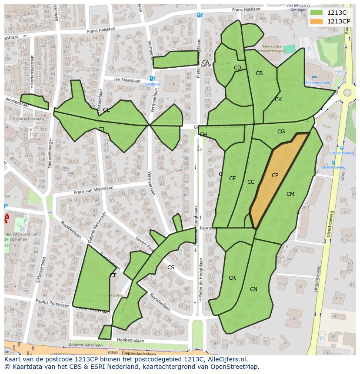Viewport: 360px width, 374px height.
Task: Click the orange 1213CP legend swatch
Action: [x=317, y=21]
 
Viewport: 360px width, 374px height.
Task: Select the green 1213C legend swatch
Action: [x=317, y=13]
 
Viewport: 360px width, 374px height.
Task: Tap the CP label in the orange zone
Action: [x=275, y=175]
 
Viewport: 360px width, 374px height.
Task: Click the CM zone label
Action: [x=290, y=194]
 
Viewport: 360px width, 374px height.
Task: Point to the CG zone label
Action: [x=281, y=132]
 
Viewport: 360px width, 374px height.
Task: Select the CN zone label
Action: [x=253, y=289]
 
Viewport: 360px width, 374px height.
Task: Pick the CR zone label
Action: [x=232, y=278]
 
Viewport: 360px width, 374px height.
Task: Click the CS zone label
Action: [x=171, y=268]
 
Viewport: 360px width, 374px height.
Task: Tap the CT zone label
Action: [x=113, y=275]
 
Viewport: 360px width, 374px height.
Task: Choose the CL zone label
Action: [x=106, y=110]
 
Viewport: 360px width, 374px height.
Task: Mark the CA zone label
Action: [x=206, y=63]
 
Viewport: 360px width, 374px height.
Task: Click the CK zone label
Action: [x=278, y=99]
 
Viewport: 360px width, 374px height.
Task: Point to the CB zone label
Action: [x=259, y=73]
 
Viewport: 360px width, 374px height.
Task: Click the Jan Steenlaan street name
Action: [x=127, y=80]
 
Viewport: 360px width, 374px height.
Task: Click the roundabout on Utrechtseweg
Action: [x=347, y=92]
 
